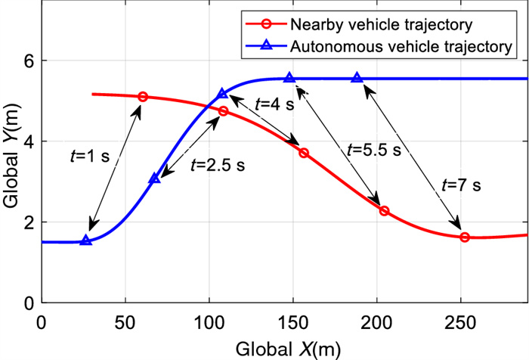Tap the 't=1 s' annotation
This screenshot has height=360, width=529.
click(89, 157)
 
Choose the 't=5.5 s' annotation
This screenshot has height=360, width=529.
click(373, 149)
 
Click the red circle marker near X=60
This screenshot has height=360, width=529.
click(143, 97)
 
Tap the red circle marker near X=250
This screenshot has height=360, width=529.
click(465, 237)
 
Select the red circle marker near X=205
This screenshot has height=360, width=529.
click(384, 211)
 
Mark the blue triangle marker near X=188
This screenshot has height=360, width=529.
click(357, 78)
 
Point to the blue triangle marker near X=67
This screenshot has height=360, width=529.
click(155, 178)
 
